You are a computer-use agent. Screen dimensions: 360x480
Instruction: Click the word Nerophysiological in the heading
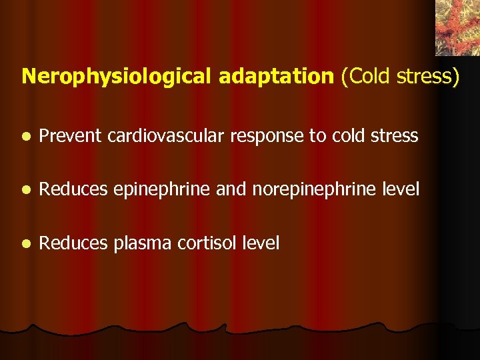pos(118,77)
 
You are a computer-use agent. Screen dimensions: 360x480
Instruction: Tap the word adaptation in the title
pos(276,76)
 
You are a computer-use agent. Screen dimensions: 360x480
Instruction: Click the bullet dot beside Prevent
pos(25,137)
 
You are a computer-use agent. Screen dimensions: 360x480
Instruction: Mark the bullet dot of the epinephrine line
pos(25,191)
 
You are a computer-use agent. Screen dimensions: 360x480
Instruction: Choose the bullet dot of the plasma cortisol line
pos(25,244)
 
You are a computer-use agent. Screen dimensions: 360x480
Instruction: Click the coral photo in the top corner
pos(457,27)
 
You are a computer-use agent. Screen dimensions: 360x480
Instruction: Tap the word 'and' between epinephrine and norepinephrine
pos(231,190)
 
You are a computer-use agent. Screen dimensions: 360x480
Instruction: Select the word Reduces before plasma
pos(73,243)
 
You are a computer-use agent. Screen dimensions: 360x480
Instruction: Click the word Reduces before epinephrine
pos(73,190)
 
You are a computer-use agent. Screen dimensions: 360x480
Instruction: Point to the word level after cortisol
pos(261,243)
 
